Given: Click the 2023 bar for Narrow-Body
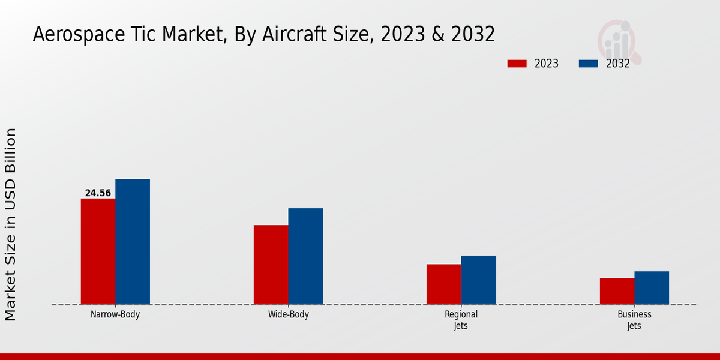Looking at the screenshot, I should (98, 251).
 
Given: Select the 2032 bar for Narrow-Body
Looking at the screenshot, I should (133, 241).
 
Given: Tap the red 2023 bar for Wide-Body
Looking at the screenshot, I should (271, 265).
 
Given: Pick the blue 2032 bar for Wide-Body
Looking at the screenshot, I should (305, 256).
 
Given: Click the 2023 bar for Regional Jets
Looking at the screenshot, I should (444, 284).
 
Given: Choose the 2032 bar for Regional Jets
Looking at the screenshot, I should (479, 280).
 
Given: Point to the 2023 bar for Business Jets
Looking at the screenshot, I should (617, 291).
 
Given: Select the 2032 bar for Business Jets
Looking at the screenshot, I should (652, 287).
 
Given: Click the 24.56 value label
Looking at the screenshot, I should (98, 193).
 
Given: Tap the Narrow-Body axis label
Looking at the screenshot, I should (115, 314).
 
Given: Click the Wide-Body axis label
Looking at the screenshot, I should (289, 314).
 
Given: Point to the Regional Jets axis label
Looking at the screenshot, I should (461, 320).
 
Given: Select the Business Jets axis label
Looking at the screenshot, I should (634, 320).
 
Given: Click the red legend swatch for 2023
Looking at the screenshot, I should (517, 64).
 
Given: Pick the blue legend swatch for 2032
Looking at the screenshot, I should (588, 64).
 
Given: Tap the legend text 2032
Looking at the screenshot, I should (617, 64).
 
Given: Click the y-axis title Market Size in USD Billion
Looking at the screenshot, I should (11, 224).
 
